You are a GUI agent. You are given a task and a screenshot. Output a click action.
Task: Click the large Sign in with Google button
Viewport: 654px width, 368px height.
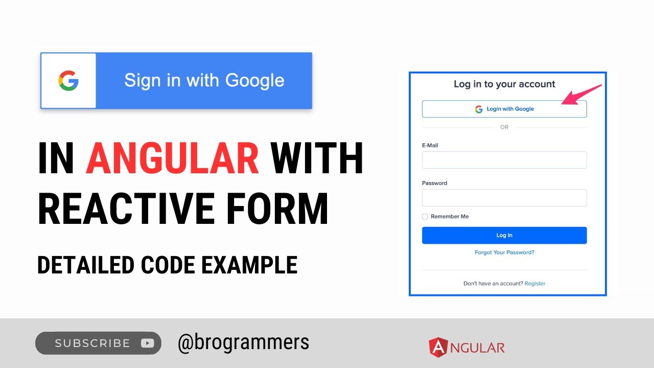[x=203, y=81]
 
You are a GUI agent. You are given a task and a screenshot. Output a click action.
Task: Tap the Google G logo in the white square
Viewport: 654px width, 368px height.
[x=68, y=81]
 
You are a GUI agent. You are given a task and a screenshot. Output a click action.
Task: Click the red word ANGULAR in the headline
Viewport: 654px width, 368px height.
[x=173, y=158]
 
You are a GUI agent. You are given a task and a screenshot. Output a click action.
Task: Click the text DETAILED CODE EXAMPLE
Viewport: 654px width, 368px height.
[x=167, y=265]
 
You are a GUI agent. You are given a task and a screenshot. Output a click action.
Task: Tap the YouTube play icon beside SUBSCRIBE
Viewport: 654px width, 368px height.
[x=147, y=343]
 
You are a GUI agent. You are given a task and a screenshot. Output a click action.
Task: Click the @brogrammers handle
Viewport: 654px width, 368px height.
[x=243, y=342]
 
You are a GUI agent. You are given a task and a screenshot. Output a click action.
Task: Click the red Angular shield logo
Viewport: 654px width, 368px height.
[x=437, y=348]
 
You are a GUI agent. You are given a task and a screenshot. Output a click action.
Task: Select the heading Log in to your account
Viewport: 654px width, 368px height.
[x=504, y=84]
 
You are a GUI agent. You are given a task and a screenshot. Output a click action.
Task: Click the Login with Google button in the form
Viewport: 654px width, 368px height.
[x=504, y=109]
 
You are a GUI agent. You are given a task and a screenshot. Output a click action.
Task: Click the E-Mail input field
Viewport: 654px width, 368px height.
[x=504, y=160]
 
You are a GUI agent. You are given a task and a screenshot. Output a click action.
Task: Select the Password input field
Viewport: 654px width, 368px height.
[x=504, y=198]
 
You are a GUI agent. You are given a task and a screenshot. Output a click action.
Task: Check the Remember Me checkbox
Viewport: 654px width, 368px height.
[x=425, y=217]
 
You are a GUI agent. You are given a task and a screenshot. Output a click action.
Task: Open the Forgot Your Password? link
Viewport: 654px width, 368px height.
[x=504, y=252]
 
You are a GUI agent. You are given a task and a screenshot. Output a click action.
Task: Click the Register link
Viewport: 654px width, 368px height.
[x=535, y=284]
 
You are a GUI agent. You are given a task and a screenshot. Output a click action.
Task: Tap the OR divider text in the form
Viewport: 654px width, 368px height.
[x=504, y=127]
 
